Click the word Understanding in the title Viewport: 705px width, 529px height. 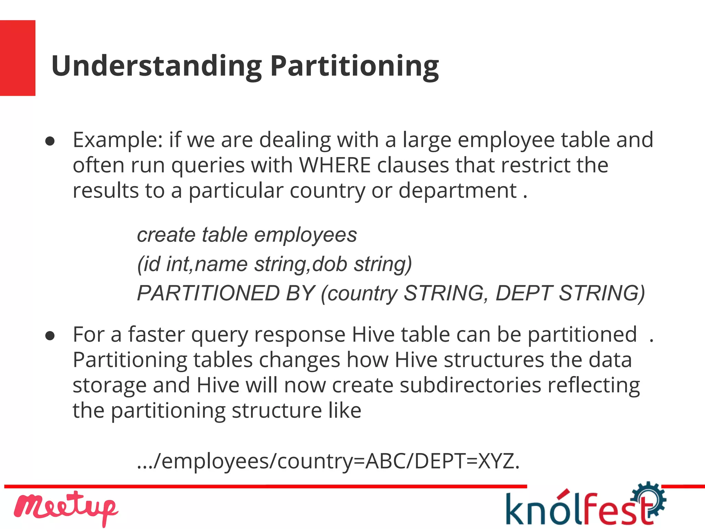157,66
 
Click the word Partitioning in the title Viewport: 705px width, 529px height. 355,66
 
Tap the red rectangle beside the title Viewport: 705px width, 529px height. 18,58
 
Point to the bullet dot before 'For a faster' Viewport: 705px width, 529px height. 50,336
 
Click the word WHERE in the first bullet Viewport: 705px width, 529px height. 335,165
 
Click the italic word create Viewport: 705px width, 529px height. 166,235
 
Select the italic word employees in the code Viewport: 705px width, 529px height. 305,236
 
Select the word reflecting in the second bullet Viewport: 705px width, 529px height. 594,385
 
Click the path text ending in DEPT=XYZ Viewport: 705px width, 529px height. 328,461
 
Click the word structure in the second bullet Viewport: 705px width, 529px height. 277,411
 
